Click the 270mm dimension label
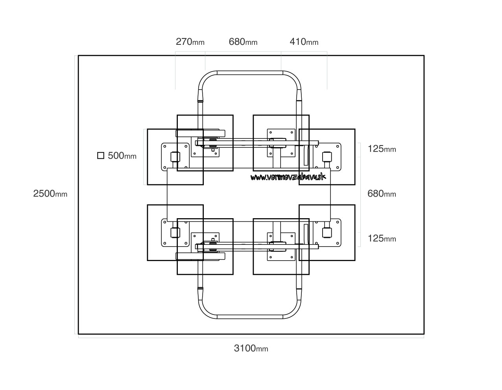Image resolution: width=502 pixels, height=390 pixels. tap(190, 42)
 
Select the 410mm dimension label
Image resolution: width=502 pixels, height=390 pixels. tap(304, 42)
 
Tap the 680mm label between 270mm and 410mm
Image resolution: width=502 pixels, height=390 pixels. tap(243, 42)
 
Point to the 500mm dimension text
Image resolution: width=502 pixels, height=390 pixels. tap(122, 156)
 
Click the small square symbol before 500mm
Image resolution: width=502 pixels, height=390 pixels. tap(101, 156)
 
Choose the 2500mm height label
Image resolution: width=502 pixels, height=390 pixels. tap(50, 194)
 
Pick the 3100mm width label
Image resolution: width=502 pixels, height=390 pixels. tap(251, 348)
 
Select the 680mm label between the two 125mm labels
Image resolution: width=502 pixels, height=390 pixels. tap(382, 194)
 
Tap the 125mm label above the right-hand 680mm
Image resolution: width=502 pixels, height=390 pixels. tap(382, 149)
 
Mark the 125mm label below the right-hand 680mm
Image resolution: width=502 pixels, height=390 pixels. tap(382, 239)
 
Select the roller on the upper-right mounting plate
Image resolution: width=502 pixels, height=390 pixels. tap(326, 156)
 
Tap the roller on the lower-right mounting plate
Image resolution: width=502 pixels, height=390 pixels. tap(326, 232)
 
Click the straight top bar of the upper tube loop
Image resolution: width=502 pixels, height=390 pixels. tap(250, 73)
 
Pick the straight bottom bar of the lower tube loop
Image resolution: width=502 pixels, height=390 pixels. tap(250, 316)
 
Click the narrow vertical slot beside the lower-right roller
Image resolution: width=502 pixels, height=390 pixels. tap(306, 234)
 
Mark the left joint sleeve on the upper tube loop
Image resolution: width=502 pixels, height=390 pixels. tap(200, 95)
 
